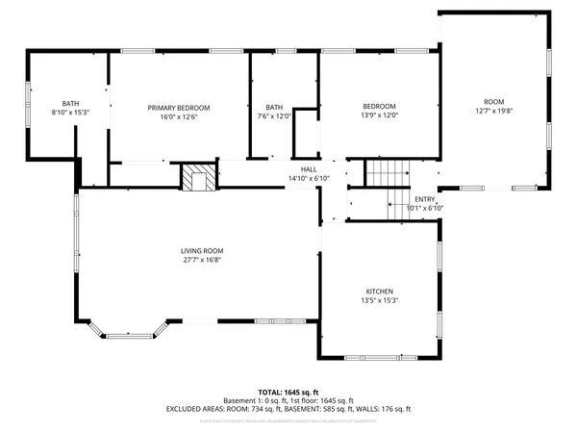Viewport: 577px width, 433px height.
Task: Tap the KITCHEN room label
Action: (x=379, y=292)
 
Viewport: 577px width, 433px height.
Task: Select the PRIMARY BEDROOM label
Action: (x=178, y=107)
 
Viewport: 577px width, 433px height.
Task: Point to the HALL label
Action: (x=309, y=169)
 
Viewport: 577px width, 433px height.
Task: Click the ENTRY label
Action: (x=425, y=199)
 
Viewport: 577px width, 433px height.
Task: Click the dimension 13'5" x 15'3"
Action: (x=379, y=300)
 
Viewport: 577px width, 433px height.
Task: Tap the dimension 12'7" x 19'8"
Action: (x=494, y=110)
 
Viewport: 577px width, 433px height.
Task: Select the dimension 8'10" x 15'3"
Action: (x=70, y=113)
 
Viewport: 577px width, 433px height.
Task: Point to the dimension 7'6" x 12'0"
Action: (x=275, y=115)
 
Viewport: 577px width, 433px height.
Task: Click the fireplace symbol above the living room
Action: (x=200, y=178)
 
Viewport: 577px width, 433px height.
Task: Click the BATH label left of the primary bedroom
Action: (x=70, y=104)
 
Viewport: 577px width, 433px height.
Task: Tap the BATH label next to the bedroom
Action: (x=275, y=107)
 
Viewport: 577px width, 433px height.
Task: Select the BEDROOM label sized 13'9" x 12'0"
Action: (x=379, y=106)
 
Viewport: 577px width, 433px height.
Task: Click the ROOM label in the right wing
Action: (x=494, y=101)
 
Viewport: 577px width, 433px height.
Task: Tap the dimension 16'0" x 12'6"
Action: (x=178, y=116)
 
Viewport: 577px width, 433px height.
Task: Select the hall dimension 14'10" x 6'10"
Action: (x=309, y=178)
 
